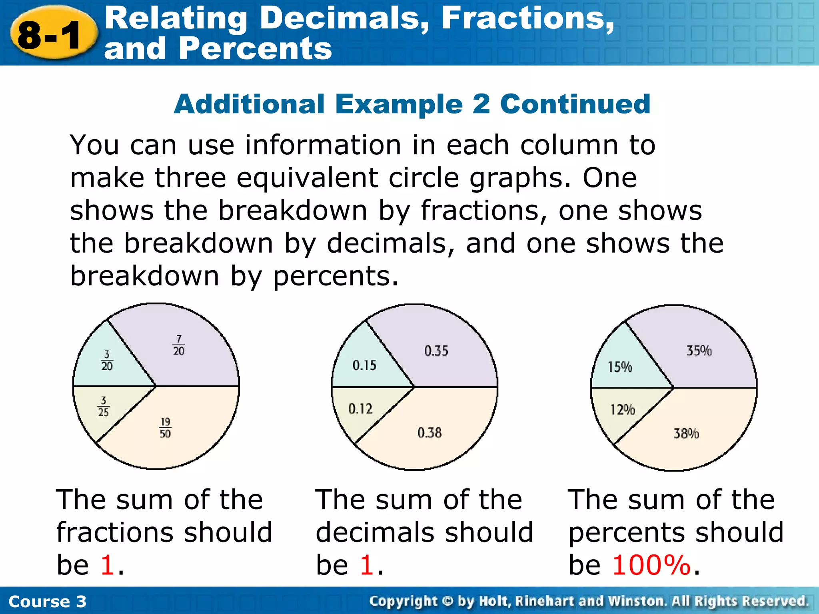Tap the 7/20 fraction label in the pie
(x=179, y=345)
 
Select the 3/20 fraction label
(x=107, y=361)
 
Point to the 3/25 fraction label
(x=104, y=407)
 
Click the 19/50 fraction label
(x=165, y=428)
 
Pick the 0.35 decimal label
(x=436, y=351)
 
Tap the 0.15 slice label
(x=364, y=365)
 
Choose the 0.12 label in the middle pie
(x=360, y=409)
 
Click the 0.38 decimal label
(x=429, y=433)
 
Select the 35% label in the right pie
(x=699, y=351)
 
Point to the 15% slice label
(x=620, y=367)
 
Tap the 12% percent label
(x=622, y=410)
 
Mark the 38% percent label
(x=686, y=434)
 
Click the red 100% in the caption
(x=651, y=565)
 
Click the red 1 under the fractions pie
(x=108, y=565)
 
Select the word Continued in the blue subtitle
(x=575, y=104)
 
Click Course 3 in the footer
(x=47, y=602)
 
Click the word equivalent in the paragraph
(x=307, y=178)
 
